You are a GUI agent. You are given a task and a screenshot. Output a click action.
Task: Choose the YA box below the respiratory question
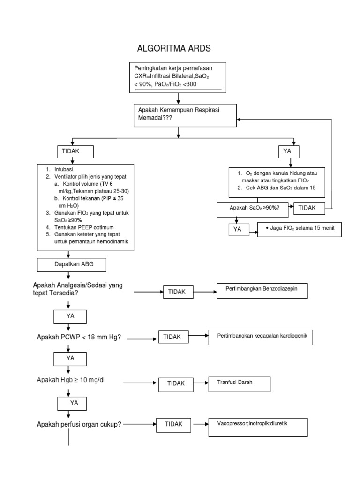pyautogui.click(x=288, y=151)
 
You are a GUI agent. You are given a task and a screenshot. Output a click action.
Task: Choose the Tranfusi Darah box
pyautogui.click(x=239, y=383)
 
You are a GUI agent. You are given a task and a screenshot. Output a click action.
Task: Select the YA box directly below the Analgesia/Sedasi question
pyautogui.click(x=70, y=317)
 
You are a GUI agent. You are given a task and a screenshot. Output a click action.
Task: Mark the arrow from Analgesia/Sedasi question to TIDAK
pyautogui.click(x=148, y=292)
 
